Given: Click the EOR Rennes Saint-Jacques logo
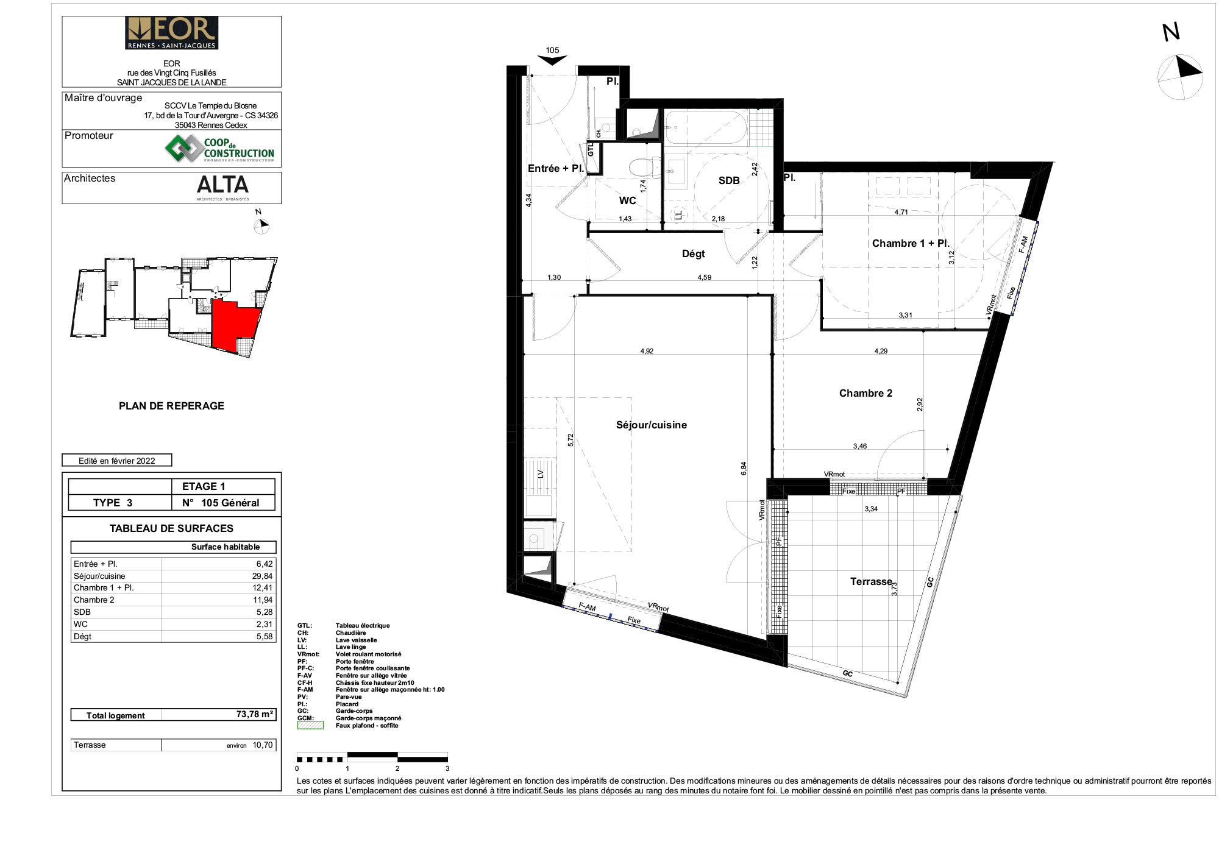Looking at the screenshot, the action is point(171,33).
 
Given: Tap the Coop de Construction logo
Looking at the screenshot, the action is point(219,149).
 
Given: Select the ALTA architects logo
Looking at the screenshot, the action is point(222,186).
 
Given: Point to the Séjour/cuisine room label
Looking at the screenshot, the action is point(652,425).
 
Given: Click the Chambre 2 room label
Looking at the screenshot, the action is point(865,393).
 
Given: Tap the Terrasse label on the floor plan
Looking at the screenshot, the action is point(871,581).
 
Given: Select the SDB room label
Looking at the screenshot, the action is point(729,180).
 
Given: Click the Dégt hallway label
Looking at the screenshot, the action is point(693,253).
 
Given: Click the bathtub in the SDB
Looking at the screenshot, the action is point(706,127).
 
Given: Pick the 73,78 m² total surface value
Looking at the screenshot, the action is point(255,714).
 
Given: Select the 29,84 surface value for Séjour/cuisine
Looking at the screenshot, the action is point(263,576).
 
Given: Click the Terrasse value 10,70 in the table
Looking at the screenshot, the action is point(263,745).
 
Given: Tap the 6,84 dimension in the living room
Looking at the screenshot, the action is point(744,469).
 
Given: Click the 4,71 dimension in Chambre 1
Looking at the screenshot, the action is point(901,212).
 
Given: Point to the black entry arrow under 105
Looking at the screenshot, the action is point(552,60).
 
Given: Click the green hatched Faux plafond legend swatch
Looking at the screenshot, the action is point(310,725).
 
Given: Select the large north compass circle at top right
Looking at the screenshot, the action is point(1181,77).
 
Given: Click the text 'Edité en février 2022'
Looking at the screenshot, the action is point(117,461).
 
